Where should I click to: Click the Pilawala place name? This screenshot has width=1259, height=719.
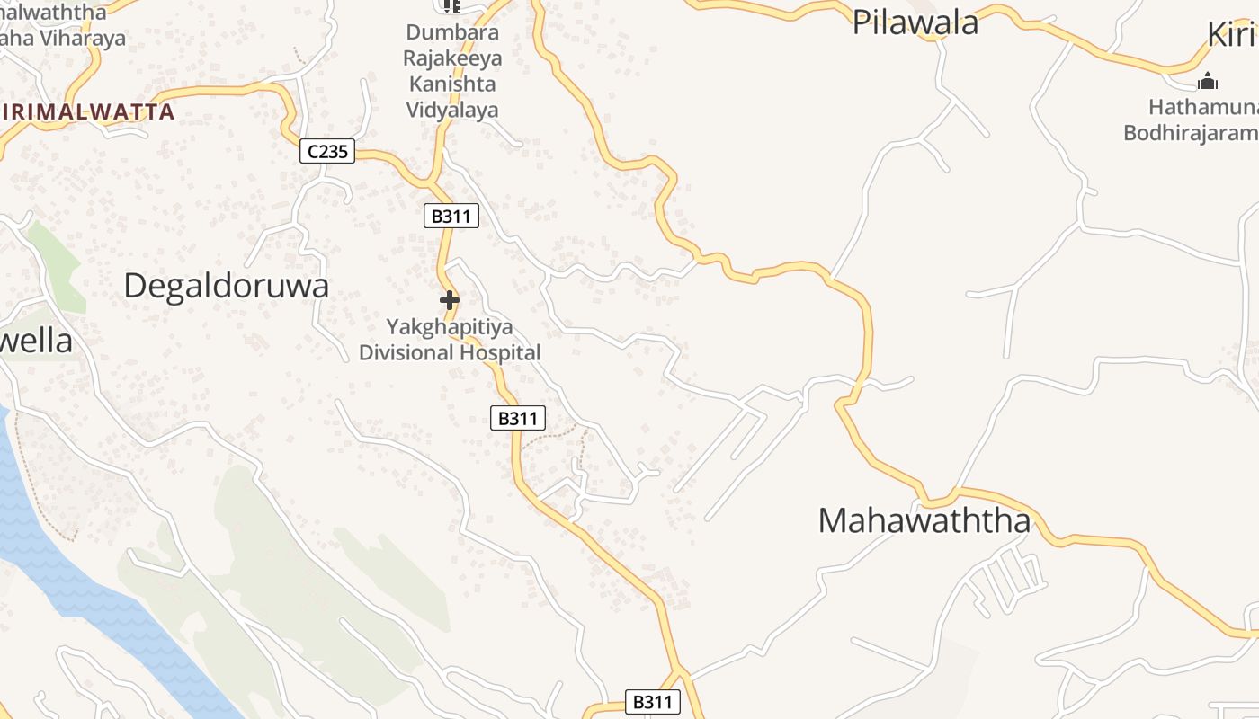pos(915,22)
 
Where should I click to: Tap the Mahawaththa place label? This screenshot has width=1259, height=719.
pos(924,521)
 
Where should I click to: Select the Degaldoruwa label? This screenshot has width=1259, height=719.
pos(226,286)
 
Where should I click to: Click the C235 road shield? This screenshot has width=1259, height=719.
pos(327,152)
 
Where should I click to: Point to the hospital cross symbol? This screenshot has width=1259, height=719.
pos(450,300)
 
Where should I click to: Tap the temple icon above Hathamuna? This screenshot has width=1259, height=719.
pos(1207,82)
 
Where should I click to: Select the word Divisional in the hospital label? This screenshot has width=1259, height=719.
pos(406,352)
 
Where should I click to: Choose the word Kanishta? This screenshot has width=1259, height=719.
pos(451,84)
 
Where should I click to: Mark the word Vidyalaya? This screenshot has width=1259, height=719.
pos(451,111)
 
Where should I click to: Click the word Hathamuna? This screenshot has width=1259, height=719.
pos(1203,108)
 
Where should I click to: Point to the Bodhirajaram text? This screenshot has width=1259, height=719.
pos(1191,133)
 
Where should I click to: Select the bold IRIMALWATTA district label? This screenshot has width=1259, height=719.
pos(88,112)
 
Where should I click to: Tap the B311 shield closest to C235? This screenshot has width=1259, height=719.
pos(451,216)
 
